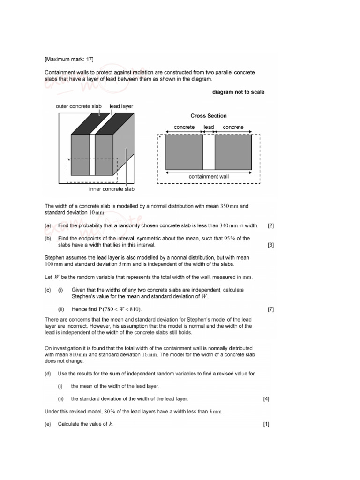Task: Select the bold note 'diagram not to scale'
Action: pyautogui.click(x=238, y=92)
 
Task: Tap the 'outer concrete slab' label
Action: pyautogui.click(x=78, y=106)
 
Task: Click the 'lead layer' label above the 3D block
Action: pyautogui.click(x=121, y=106)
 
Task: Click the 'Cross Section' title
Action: pyautogui.click(x=209, y=116)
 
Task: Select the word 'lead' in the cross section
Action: pyautogui.click(x=209, y=127)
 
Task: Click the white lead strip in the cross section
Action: pyautogui.click(x=209, y=152)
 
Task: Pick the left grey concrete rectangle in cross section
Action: pyautogui.click(x=184, y=152)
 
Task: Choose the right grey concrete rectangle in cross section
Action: pyautogui.click(x=233, y=152)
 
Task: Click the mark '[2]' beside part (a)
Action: pyautogui.click(x=270, y=225)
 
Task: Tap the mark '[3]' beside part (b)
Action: pyautogui.click(x=270, y=245)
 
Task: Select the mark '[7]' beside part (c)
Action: pyautogui.click(x=270, y=309)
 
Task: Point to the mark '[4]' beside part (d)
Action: pyautogui.click(x=266, y=399)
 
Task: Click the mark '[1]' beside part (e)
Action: pyautogui.click(x=266, y=424)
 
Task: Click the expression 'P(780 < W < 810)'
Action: pyautogui.click(x=120, y=309)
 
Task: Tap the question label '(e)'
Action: pyautogui.click(x=48, y=424)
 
